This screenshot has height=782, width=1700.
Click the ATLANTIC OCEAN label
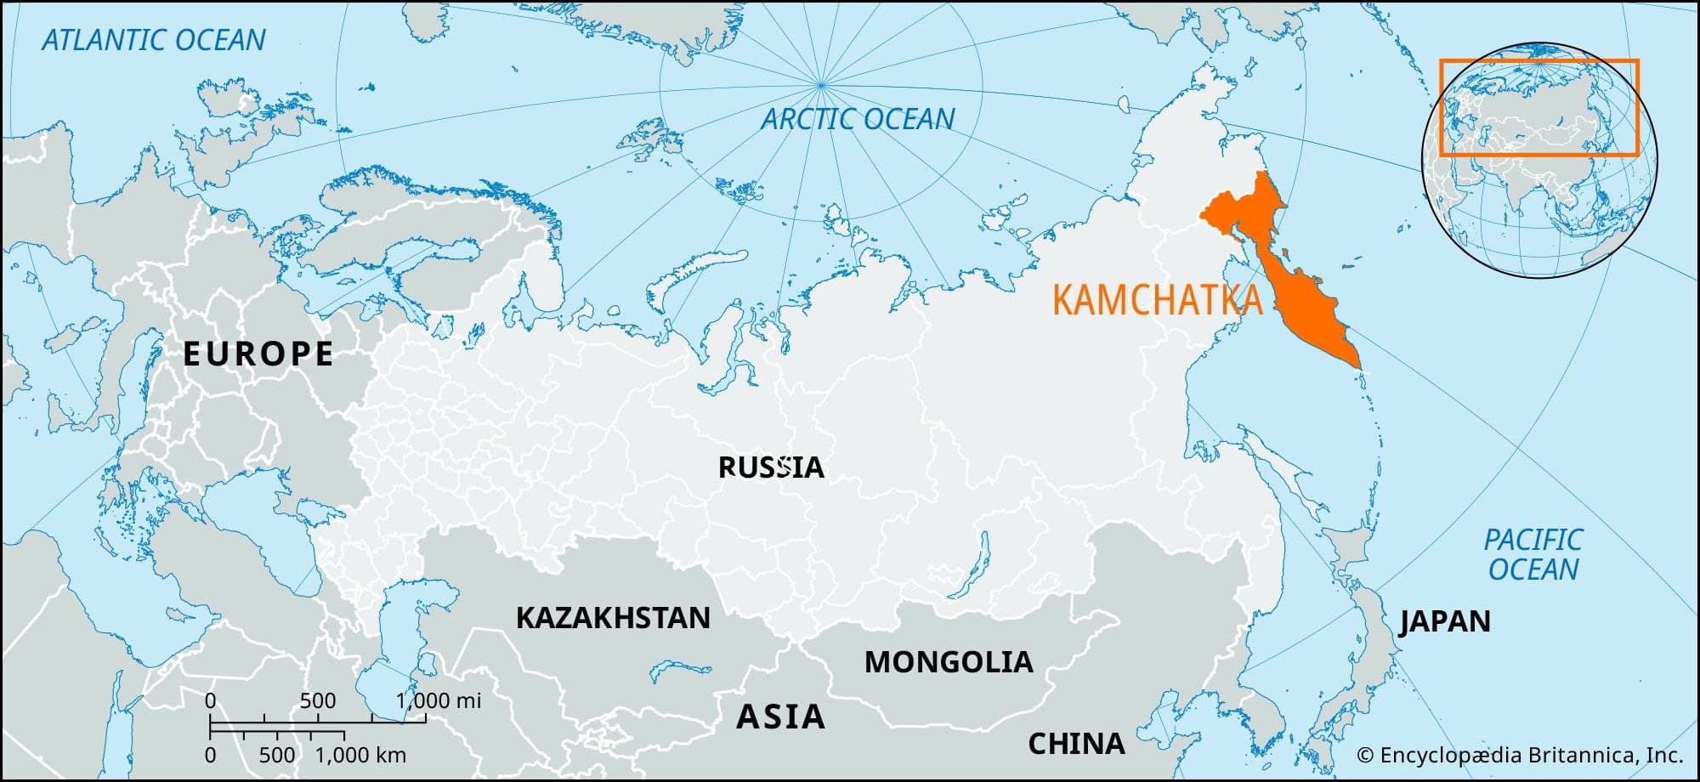[154, 40]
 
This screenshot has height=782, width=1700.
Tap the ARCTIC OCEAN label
[858, 119]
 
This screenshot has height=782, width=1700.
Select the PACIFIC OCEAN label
[1533, 554]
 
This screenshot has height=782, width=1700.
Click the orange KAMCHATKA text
[1157, 301]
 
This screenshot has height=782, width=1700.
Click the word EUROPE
[258, 354]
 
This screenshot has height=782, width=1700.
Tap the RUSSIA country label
[770, 467]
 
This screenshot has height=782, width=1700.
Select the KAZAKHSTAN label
[613, 618]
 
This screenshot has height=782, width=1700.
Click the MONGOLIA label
[949, 662]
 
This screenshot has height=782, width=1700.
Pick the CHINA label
[1076, 744]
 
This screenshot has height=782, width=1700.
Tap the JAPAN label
[1445, 621]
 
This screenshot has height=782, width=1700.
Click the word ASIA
[780, 717]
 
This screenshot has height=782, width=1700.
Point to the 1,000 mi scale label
[439, 700]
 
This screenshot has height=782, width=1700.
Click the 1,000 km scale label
[360, 755]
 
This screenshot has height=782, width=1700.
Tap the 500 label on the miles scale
[318, 700]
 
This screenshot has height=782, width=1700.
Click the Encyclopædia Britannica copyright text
[1520, 755]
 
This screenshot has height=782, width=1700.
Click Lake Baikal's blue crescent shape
[972, 565]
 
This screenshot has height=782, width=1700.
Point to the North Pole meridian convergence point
[821, 84]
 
